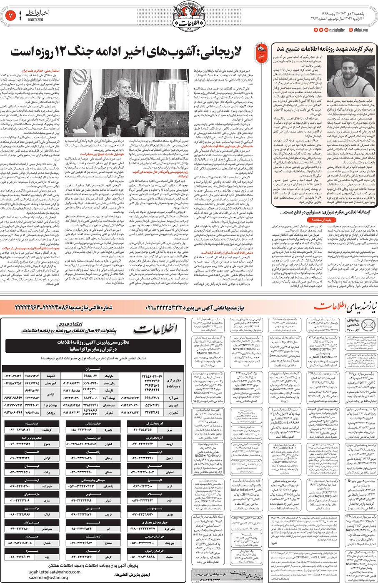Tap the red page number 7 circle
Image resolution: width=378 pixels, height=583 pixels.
click(x=10, y=16)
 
